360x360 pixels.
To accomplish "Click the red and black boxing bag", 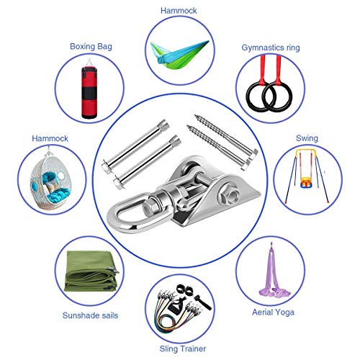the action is pos(89,92).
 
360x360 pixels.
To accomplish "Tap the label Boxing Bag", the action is pos(91,46).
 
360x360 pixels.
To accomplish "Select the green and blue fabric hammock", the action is pos(179,55).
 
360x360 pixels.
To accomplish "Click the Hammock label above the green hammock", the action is pos(179,11).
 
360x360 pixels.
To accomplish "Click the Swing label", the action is pos(307,138).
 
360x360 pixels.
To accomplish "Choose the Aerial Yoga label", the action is pos(273,312).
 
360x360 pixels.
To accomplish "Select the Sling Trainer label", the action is pos(183,348).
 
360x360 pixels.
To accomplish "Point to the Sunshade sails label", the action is pos(90,315).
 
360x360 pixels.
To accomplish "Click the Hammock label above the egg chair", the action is pos(50,138).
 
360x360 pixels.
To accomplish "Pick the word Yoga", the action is pos(284,312).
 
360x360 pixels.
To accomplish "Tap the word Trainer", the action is pos(192,348).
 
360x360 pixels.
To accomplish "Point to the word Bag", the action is pos(104,47).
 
